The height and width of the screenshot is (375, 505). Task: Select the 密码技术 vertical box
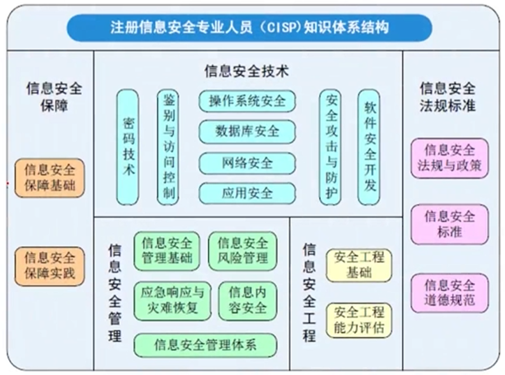(x=128, y=147)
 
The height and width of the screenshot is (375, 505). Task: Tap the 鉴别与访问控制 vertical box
(x=168, y=147)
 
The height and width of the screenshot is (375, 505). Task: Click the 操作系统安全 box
(x=247, y=101)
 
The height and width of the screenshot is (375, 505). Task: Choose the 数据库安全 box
(x=247, y=131)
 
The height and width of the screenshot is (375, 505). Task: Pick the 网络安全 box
(x=247, y=162)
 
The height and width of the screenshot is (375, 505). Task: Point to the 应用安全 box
(x=247, y=193)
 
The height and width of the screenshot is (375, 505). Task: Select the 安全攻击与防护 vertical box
(x=330, y=147)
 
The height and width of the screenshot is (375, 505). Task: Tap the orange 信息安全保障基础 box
(x=50, y=178)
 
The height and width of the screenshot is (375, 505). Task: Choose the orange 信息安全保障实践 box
(x=50, y=266)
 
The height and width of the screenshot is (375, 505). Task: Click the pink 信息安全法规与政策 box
(x=449, y=158)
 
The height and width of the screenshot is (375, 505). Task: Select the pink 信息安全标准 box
(x=449, y=224)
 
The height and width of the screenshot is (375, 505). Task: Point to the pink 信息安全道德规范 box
(x=449, y=292)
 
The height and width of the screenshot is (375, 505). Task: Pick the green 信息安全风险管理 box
(x=243, y=251)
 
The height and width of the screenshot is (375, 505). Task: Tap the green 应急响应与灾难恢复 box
(x=172, y=300)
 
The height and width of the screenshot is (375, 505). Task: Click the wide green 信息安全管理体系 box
(x=205, y=345)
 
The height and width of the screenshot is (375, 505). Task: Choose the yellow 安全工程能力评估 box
(x=359, y=320)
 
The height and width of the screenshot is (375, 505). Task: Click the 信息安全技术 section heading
(x=247, y=71)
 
